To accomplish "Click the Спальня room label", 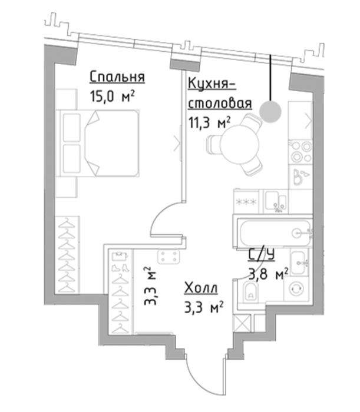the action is (117, 77).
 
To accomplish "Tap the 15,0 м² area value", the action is (113, 97).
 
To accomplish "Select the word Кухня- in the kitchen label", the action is (212, 84).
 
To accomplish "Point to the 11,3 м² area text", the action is (210, 122).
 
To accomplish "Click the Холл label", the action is (201, 288).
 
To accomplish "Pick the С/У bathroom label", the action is (262, 255).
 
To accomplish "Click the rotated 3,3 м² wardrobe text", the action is (151, 286).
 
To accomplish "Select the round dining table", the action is (240, 144).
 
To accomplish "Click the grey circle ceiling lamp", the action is (270, 112).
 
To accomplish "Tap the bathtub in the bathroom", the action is (275, 233).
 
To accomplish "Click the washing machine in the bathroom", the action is (297, 289).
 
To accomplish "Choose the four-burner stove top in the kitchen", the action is (300, 151).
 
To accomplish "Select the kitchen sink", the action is (275, 201).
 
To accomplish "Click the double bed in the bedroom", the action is (98, 143).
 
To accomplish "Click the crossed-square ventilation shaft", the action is (242, 324).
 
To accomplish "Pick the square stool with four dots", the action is (169, 257).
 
